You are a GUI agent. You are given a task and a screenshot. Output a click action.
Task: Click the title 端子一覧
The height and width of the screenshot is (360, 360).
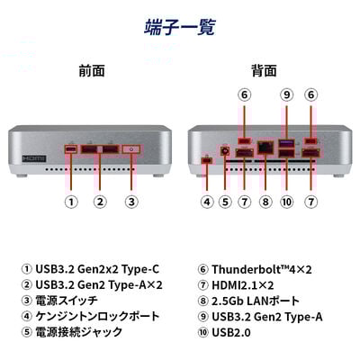[180, 27]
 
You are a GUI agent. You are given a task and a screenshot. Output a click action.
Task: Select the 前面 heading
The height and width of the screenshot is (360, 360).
[92, 71]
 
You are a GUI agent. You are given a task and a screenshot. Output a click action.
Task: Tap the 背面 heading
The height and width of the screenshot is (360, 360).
[264, 71]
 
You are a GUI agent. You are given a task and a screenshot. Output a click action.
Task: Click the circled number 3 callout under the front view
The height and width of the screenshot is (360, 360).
[131, 202]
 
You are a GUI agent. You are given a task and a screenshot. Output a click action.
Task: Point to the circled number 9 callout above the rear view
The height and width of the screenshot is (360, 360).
[286, 94]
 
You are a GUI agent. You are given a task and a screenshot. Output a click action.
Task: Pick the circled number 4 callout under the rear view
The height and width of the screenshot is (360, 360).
[207, 202]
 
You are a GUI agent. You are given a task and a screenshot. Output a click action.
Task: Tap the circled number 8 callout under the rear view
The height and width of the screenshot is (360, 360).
[265, 202]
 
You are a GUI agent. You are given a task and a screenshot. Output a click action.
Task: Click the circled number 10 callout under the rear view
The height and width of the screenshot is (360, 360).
[286, 202]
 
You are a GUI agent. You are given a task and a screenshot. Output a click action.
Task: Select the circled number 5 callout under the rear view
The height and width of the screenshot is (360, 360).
[225, 202]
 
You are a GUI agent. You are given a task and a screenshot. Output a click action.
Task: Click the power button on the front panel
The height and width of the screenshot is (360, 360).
[131, 149]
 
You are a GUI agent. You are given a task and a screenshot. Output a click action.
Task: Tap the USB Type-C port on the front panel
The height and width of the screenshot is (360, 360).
[71, 149]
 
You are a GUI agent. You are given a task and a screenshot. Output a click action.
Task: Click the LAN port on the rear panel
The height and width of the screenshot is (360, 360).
[265, 148]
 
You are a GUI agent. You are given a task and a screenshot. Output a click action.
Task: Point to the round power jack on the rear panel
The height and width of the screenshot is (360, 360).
[225, 151]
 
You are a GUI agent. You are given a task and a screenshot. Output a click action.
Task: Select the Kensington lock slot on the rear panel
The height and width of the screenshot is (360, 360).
[207, 160]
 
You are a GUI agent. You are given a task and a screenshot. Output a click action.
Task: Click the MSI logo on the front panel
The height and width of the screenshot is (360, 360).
[34, 158]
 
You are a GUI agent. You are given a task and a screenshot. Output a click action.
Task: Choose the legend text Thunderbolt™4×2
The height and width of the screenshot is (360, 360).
[262, 269]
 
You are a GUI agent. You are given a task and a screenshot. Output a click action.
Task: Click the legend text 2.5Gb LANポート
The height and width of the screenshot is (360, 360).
[256, 301]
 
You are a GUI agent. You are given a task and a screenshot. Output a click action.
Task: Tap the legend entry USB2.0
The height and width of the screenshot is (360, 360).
[231, 332]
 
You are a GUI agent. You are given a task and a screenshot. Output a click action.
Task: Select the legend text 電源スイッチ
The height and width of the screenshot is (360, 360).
[67, 301]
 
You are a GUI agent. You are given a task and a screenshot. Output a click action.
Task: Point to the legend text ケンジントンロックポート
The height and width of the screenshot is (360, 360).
[97, 316]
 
